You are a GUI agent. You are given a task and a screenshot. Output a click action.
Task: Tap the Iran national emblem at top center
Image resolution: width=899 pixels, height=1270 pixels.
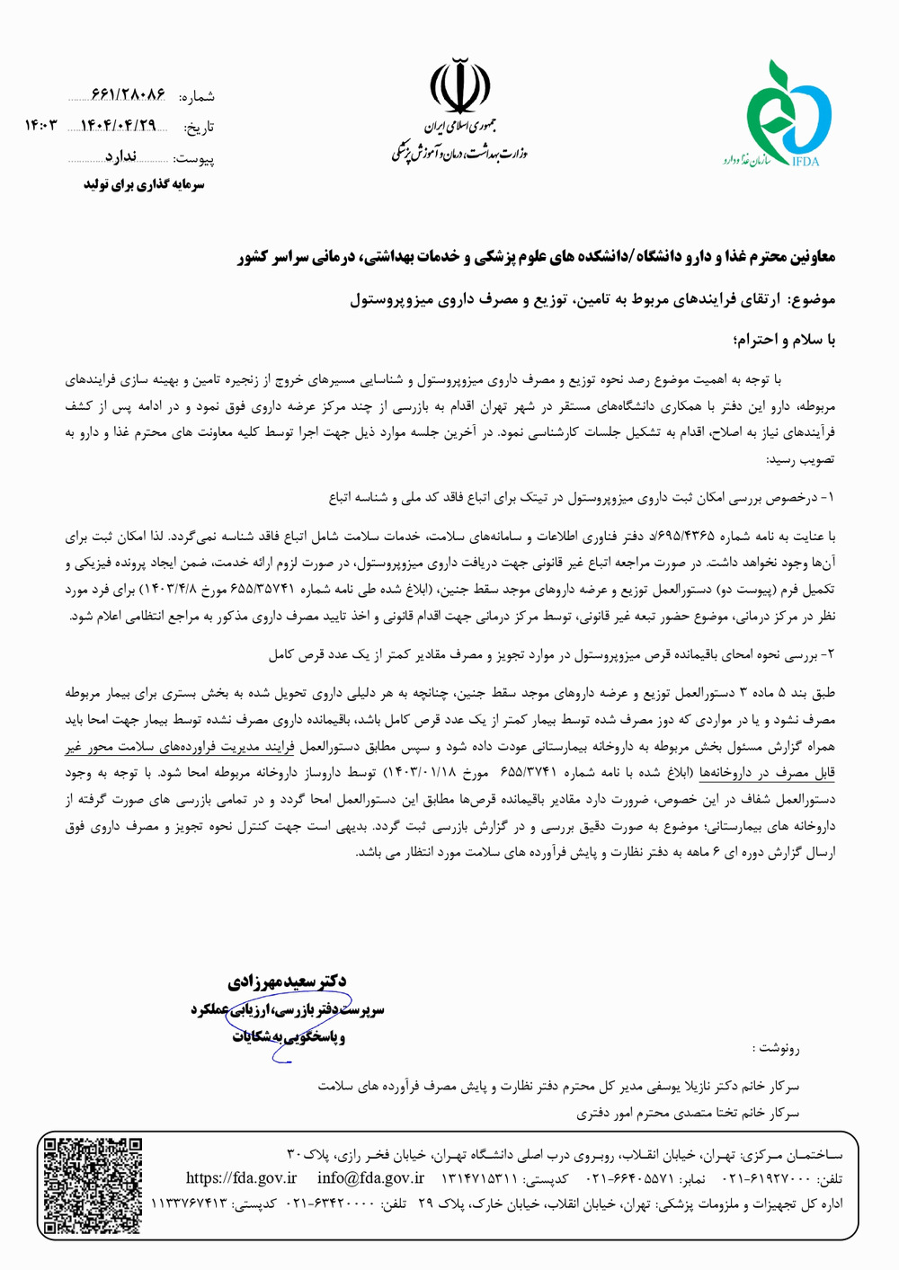coord(459,86)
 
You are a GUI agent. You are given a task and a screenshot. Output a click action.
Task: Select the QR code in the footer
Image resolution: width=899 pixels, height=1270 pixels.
coord(93,1185)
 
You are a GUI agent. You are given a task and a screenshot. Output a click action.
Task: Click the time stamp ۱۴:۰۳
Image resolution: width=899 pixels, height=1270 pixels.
coord(40,126)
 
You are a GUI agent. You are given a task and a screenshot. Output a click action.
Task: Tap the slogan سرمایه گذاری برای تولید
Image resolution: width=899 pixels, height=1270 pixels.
coord(145,184)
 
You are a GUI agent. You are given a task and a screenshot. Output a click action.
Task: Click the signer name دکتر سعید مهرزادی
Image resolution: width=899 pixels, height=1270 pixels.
coord(288,981)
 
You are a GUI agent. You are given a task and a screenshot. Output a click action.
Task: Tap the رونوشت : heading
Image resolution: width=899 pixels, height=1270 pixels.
coord(776,1048)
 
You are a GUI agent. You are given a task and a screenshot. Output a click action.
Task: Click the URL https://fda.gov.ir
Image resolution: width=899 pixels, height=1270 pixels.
coord(241,1178)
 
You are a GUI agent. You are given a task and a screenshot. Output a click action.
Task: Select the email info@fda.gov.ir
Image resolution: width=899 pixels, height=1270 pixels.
coord(370,1178)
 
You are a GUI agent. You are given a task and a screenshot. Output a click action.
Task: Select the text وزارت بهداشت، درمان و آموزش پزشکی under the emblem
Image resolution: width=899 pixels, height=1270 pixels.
coord(459,153)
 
